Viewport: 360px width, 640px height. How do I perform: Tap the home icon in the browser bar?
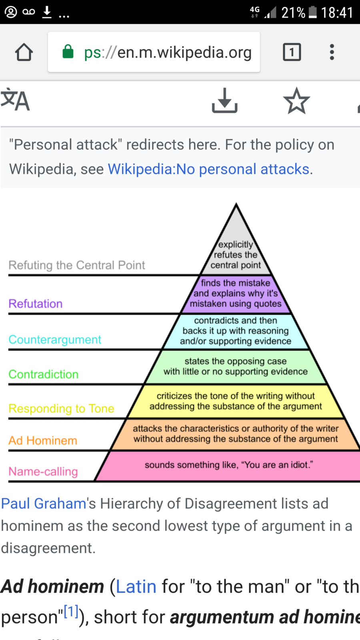pyautogui.click(x=24, y=52)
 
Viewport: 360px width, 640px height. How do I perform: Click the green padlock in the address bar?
pyautogui.click(x=68, y=52)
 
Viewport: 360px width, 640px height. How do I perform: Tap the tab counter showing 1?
pyautogui.click(x=292, y=52)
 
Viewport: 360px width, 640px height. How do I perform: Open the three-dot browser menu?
pyautogui.click(x=332, y=52)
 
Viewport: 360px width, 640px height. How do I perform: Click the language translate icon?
pyautogui.click(x=15, y=100)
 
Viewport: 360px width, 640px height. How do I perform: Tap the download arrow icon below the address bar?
pyautogui.click(x=224, y=100)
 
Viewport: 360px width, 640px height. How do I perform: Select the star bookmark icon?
pyautogui.click(x=296, y=101)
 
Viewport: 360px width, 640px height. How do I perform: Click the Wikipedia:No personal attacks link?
pyautogui.click(x=208, y=169)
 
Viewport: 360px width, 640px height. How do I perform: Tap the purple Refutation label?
pyautogui.click(x=36, y=304)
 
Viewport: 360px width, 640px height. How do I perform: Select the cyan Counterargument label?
pyautogui.click(x=55, y=340)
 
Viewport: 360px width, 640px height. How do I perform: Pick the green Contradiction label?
pyautogui.click(x=44, y=374)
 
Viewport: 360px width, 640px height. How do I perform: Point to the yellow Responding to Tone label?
pyautogui.click(x=61, y=408)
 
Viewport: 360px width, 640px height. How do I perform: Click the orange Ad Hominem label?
pyautogui.click(x=43, y=440)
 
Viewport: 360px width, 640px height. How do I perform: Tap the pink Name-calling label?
pyautogui.click(x=43, y=472)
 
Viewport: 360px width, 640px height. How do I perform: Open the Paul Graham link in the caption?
pyautogui.click(x=44, y=504)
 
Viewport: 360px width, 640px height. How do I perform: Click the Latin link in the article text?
pyautogui.click(x=136, y=587)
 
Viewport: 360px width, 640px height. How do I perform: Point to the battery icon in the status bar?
pyautogui.click(x=313, y=12)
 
